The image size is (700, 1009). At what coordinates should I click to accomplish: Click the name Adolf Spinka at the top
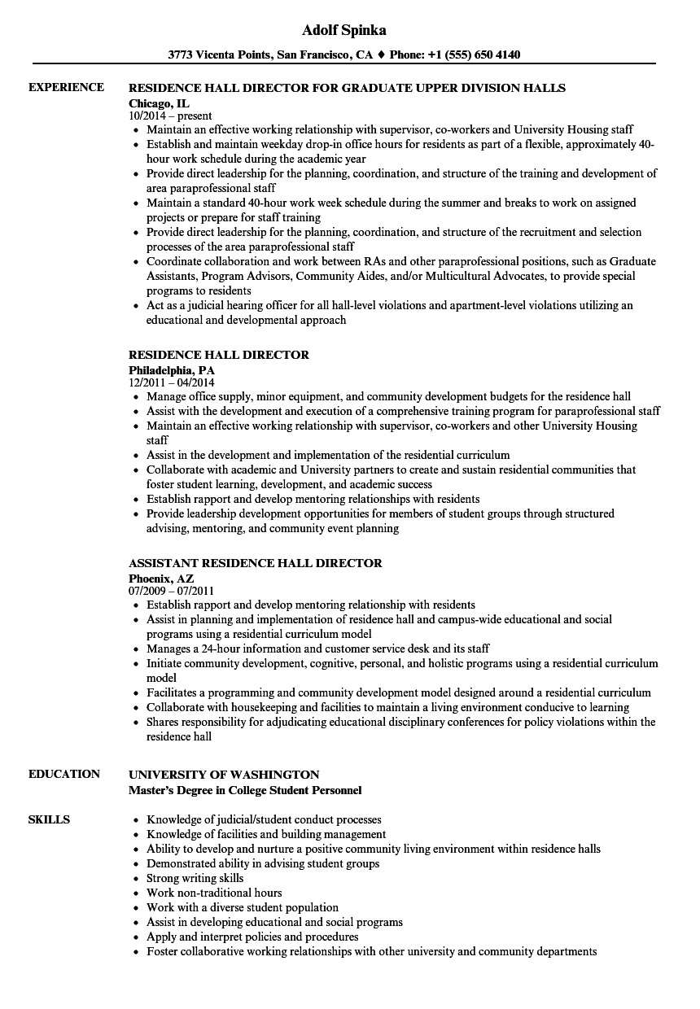[343, 30]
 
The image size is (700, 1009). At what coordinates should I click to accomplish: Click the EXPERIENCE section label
[66, 87]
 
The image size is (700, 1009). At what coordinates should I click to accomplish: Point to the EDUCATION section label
[64, 774]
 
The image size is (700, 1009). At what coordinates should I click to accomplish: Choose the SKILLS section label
[49, 819]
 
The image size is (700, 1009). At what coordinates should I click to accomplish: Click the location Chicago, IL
[160, 103]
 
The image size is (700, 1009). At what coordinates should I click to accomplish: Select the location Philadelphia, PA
[172, 369]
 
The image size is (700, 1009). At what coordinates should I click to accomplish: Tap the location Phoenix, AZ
[161, 578]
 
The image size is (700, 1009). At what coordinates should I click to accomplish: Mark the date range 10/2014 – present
[170, 116]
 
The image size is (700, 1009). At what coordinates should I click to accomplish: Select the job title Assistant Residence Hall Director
[256, 563]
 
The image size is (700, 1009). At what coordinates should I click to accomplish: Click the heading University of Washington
[224, 775]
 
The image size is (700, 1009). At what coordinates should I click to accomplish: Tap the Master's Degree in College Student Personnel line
[245, 789]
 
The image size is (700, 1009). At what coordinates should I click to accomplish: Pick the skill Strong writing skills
[195, 878]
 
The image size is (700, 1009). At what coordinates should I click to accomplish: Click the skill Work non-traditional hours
[214, 893]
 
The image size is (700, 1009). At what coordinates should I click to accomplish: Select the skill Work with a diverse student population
[243, 907]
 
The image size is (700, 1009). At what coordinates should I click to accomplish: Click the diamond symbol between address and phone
[380, 55]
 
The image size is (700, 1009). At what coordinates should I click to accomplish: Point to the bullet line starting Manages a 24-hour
[318, 649]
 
